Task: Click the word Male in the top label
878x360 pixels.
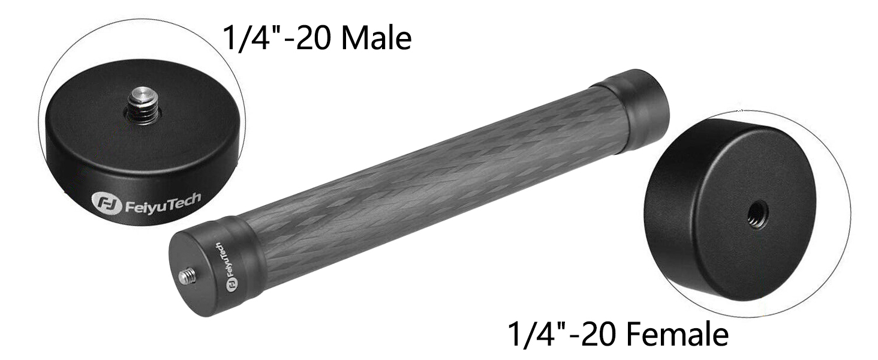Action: point(377,38)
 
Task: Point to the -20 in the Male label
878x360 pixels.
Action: point(309,38)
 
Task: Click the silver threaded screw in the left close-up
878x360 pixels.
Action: point(143,105)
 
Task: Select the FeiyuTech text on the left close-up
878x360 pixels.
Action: point(163,202)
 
